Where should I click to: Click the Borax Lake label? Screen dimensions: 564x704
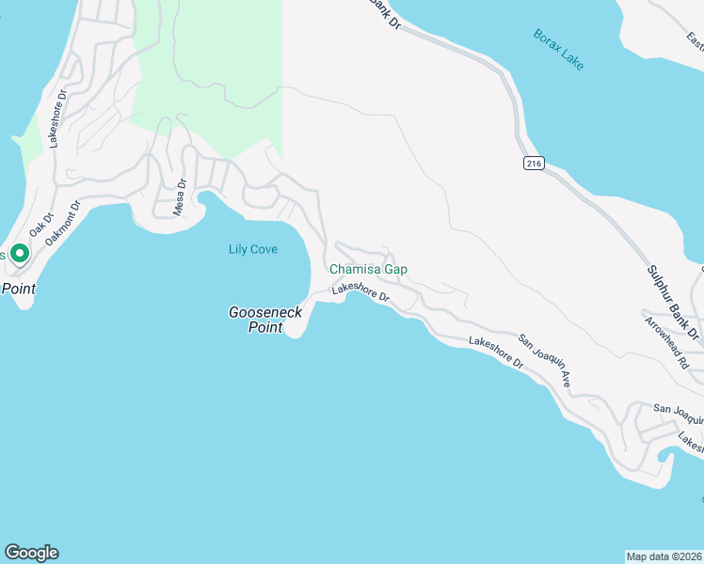559,49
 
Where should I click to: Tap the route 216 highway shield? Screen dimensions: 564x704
534,164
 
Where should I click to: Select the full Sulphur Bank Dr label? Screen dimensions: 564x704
673,303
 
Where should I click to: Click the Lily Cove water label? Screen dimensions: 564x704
253,249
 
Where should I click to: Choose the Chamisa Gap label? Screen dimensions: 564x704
368,270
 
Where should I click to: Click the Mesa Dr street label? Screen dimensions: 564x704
179,198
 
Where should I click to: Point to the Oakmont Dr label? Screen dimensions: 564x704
64,222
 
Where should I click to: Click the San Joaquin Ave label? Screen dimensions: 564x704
546,360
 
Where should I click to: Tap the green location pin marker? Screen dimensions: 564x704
19,253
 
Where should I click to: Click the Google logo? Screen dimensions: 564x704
31,553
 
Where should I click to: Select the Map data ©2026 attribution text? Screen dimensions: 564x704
664,556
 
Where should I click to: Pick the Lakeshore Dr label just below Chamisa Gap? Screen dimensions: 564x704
360,291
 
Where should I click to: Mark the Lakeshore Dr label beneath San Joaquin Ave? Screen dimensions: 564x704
495,352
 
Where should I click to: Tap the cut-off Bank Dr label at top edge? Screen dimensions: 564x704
383,14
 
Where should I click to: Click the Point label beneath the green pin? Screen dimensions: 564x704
18,289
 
